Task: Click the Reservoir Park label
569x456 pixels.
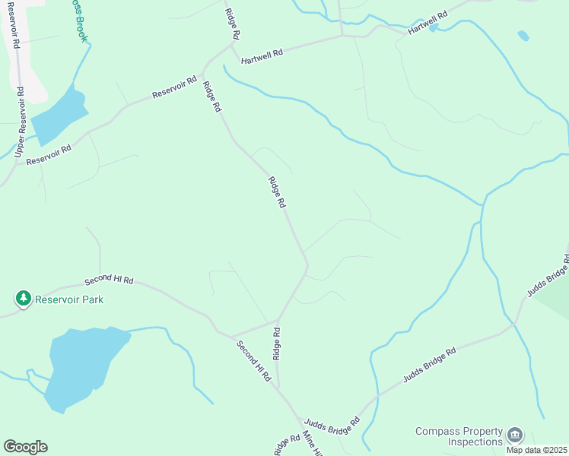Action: pos(72,299)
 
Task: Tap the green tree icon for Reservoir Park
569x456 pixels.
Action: pos(24,299)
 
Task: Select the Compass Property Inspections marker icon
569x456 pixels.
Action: pos(515,435)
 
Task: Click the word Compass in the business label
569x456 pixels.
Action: pos(437,431)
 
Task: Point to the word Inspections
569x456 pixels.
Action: pos(475,442)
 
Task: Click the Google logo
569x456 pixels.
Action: pos(25,447)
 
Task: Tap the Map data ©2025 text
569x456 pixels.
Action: pos(537,450)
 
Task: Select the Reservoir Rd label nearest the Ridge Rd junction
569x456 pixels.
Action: pos(174,87)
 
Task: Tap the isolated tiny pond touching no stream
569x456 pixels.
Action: pos(523,35)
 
